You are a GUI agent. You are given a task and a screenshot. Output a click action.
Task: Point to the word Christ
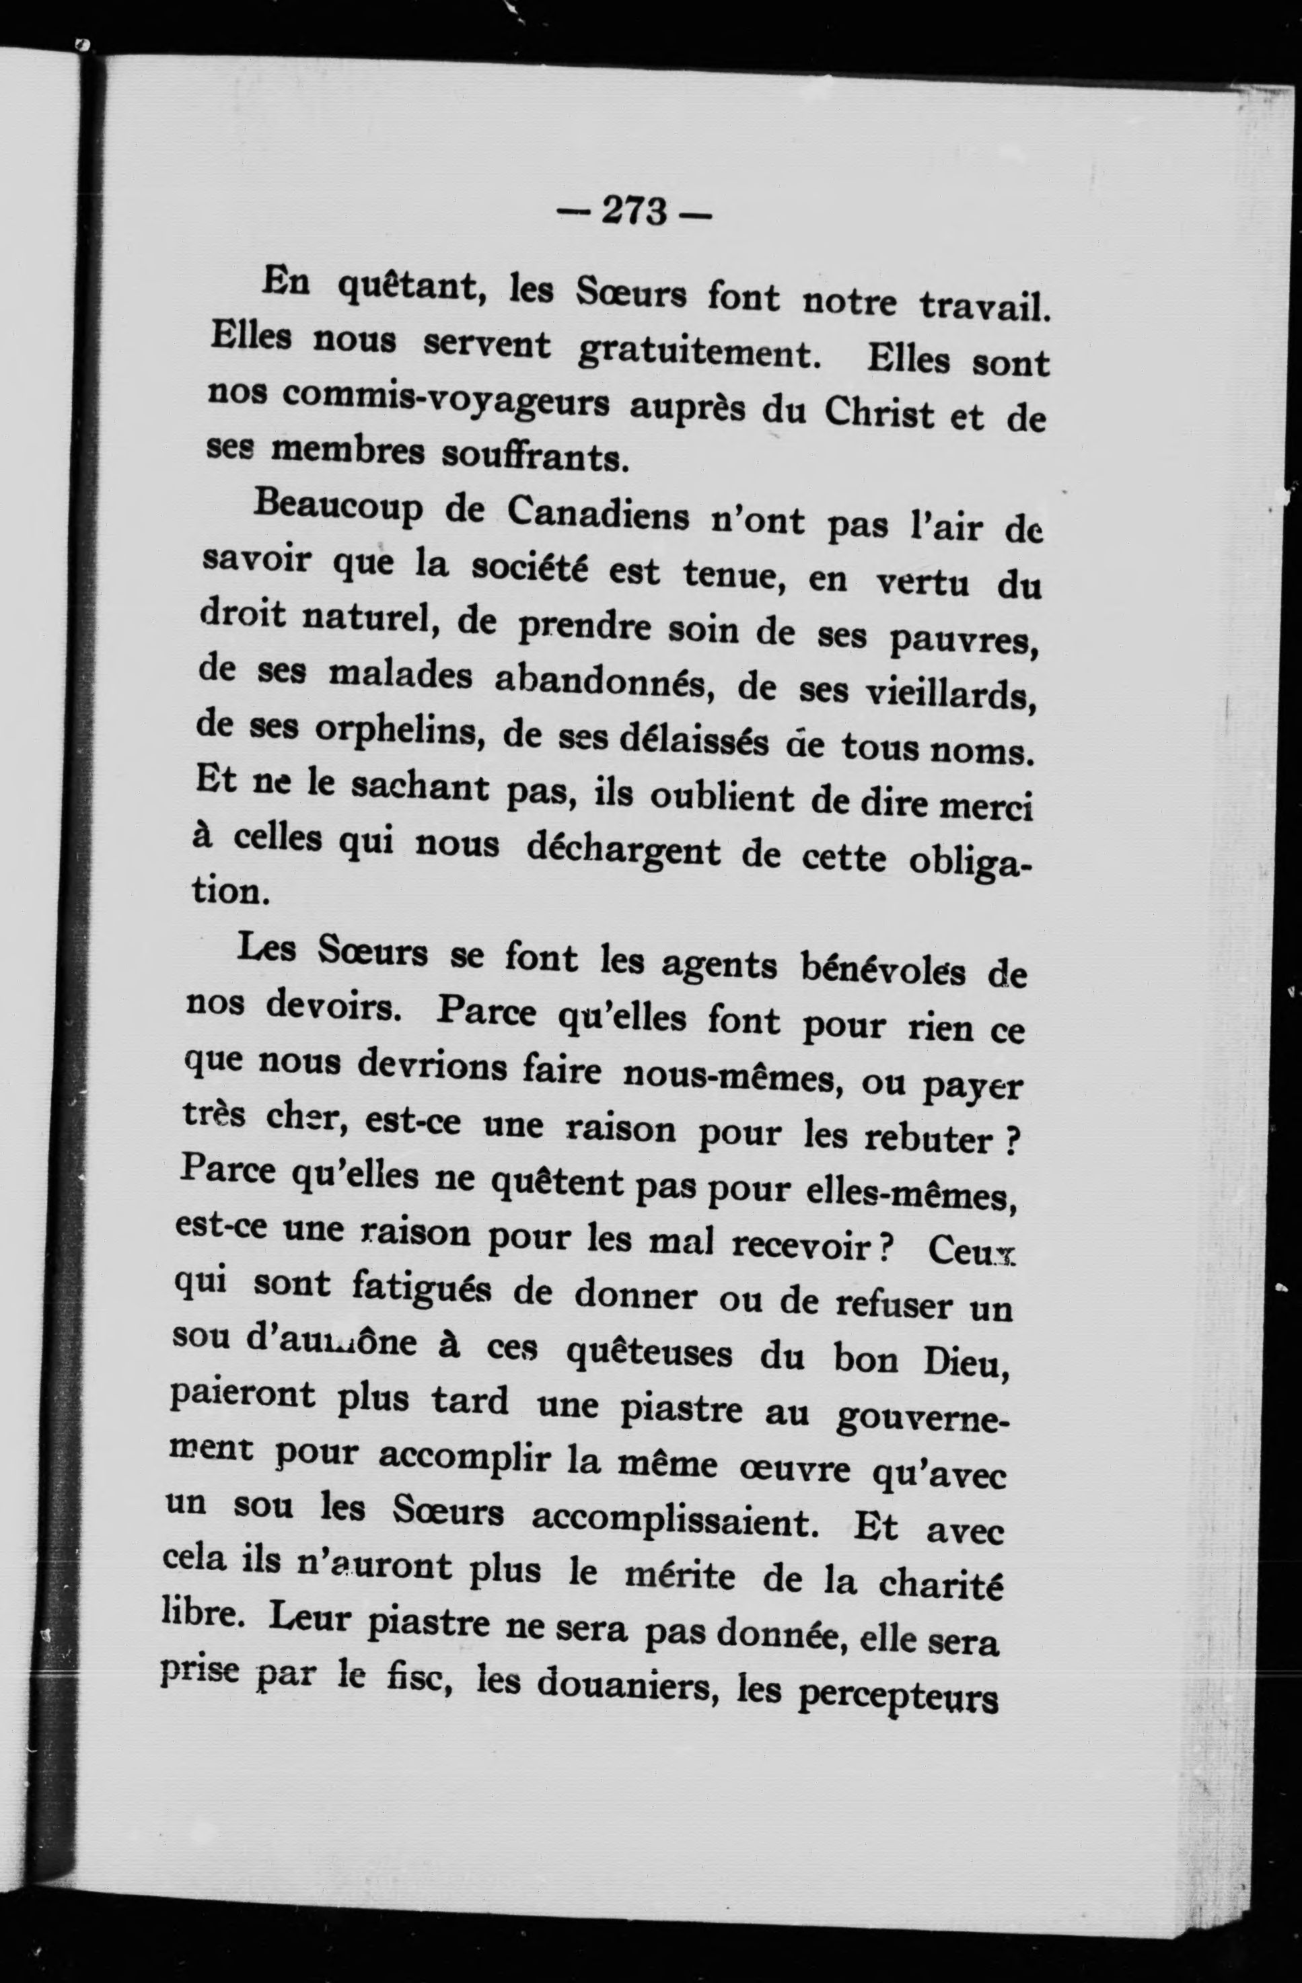pyautogui.click(x=879, y=413)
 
